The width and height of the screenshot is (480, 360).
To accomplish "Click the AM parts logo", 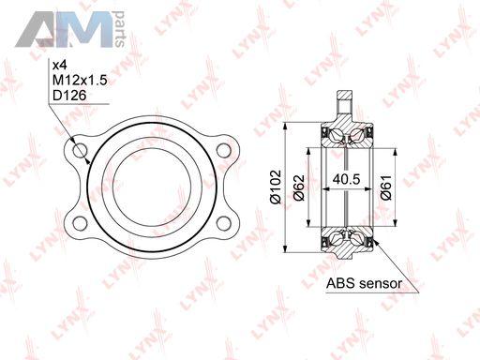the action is pyautogui.click(x=70, y=29).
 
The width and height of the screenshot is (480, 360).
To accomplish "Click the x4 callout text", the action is pyautogui.click(x=59, y=66).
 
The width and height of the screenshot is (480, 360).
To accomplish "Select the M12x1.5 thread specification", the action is pyautogui.click(x=80, y=81).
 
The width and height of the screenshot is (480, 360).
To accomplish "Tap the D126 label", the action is pyautogui.click(x=69, y=96).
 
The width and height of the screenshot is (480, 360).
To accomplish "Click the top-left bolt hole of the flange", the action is pyautogui.click(x=80, y=150).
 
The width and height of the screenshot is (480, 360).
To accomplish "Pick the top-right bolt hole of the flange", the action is pyautogui.click(x=223, y=150).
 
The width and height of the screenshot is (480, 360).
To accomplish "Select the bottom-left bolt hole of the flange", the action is pyautogui.click(x=80, y=223).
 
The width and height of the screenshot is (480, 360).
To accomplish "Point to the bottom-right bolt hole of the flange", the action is pyautogui.click(x=223, y=223).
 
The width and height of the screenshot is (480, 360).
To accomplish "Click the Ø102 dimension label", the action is pyautogui.click(x=276, y=187).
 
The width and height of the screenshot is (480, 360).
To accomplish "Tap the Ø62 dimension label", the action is pyautogui.click(x=299, y=187).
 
